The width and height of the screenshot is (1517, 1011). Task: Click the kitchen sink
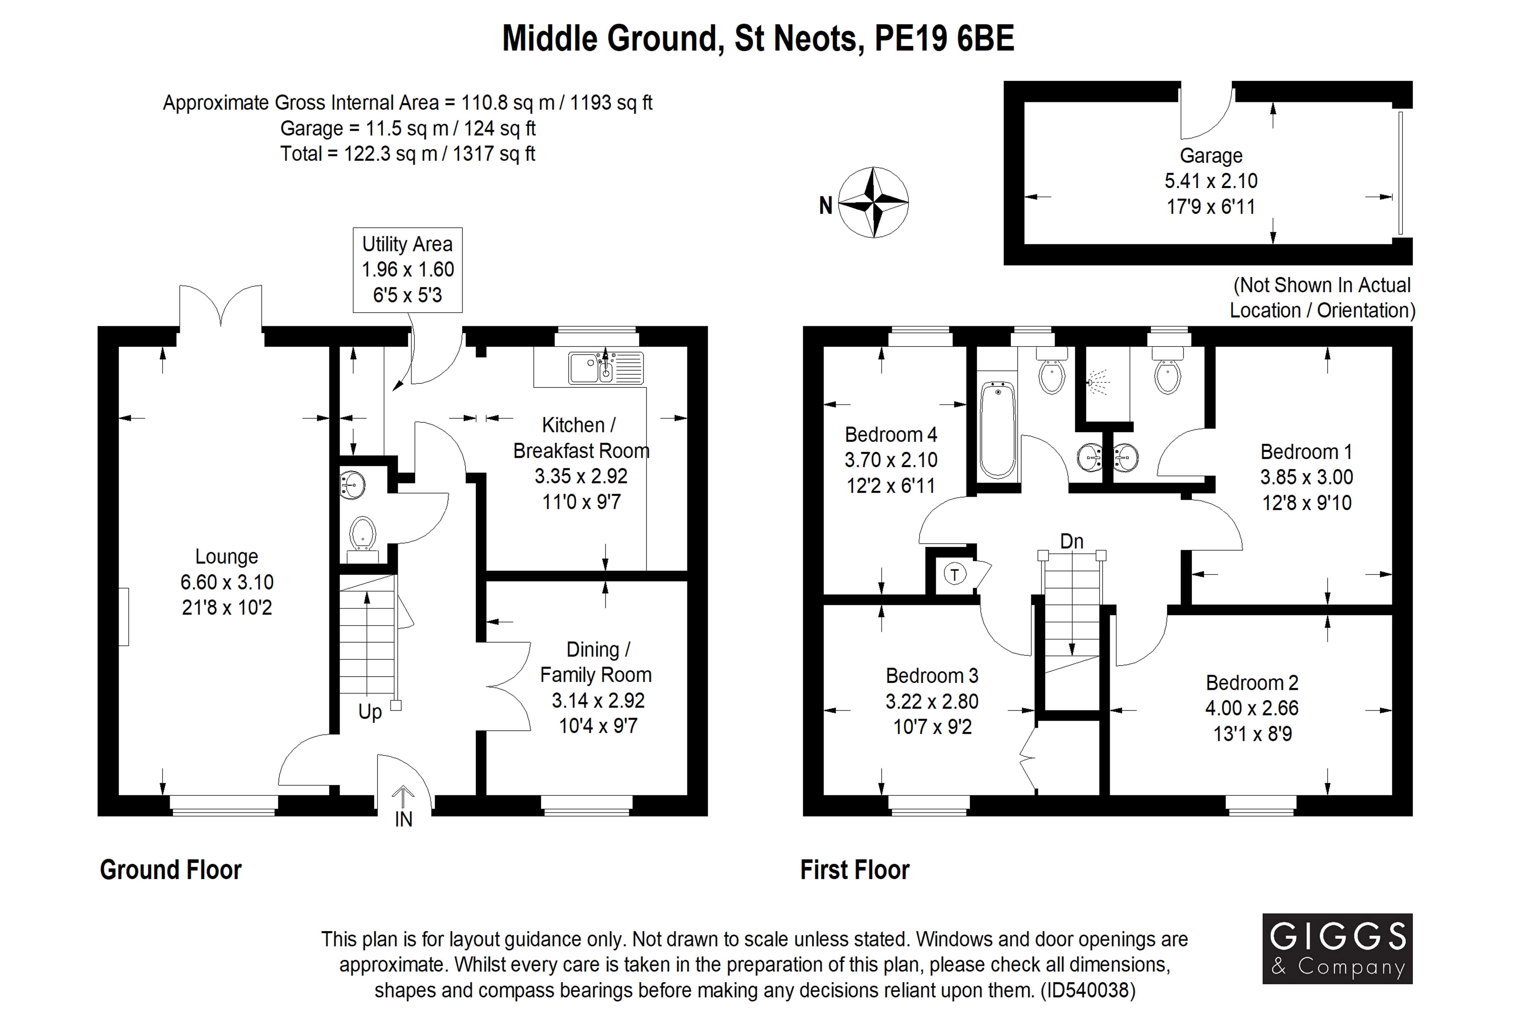tap(606, 368)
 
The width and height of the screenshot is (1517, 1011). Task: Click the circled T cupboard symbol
tap(955, 574)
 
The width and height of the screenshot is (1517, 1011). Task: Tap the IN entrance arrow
tap(403, 797)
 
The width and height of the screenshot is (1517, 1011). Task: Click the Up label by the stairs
tap(370, 712)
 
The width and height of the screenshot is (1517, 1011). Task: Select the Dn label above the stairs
tap(1072, 541)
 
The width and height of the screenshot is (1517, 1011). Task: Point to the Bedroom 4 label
tap(891, 435)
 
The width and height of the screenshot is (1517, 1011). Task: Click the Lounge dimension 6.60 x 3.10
tap(227, 582)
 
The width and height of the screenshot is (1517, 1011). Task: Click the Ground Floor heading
tap(171, 870)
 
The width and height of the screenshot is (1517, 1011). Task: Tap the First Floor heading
tap(855, 870)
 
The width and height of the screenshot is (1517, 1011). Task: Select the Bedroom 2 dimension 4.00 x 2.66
tap(1252, 708)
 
